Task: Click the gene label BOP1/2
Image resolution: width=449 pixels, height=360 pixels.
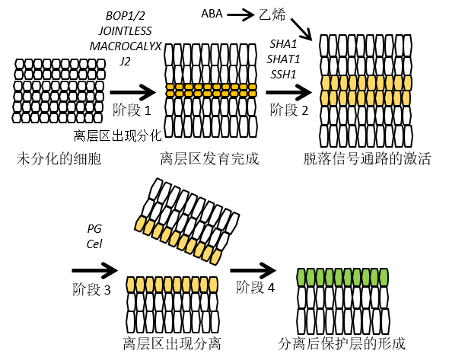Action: tap(126, 15)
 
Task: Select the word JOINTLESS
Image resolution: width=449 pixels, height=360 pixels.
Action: tap(125, 31)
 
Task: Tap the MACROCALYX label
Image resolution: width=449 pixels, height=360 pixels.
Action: tap(126, 46)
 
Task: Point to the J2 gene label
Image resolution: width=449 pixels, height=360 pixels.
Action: tap(125, 62)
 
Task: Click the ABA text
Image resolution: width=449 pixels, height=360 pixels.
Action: tap(212, 14)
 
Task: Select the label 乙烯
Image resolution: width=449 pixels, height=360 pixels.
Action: tap(272, 14)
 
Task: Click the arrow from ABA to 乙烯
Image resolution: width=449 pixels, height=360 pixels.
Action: tap(240, 14)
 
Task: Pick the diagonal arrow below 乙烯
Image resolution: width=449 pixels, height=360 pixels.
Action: tap(301, 29)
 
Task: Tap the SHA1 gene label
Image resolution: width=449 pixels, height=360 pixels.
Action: tap(283, 44)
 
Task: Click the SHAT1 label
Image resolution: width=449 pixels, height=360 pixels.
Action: tap(283, 59)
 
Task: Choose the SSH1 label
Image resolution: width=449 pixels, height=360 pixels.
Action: tap(283, 75)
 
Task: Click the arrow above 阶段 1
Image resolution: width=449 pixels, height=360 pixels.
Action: tap(132, 92)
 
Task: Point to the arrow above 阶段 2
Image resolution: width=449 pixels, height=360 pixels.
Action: tap(288, 92)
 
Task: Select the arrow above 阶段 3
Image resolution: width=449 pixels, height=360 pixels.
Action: tap(95, 270)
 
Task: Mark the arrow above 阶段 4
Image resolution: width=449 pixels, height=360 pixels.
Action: tap(253, 270)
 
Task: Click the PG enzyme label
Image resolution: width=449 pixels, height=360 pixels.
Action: tap(94, 229)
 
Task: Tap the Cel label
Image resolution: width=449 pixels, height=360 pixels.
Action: tap(94, 244)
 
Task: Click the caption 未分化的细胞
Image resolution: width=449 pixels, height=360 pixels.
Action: tap(59, 158)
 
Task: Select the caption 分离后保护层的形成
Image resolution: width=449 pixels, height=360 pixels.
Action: tap(342, 343)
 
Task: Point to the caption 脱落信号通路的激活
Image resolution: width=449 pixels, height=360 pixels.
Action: tap(367, 158)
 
